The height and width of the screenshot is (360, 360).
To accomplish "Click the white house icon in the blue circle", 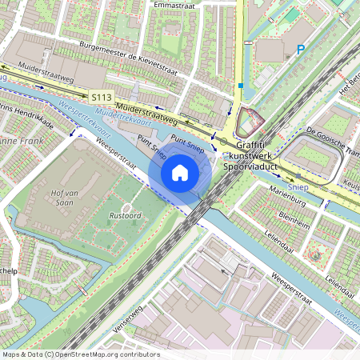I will point(180,173).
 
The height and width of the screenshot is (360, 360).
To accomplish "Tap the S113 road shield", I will point(101,97).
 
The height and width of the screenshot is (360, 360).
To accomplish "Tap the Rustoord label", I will point(125,214).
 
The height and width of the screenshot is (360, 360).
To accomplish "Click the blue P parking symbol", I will point(301,50).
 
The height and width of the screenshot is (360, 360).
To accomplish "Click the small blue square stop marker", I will point(240,85).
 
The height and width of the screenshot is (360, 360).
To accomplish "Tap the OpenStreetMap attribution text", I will point(80,354).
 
